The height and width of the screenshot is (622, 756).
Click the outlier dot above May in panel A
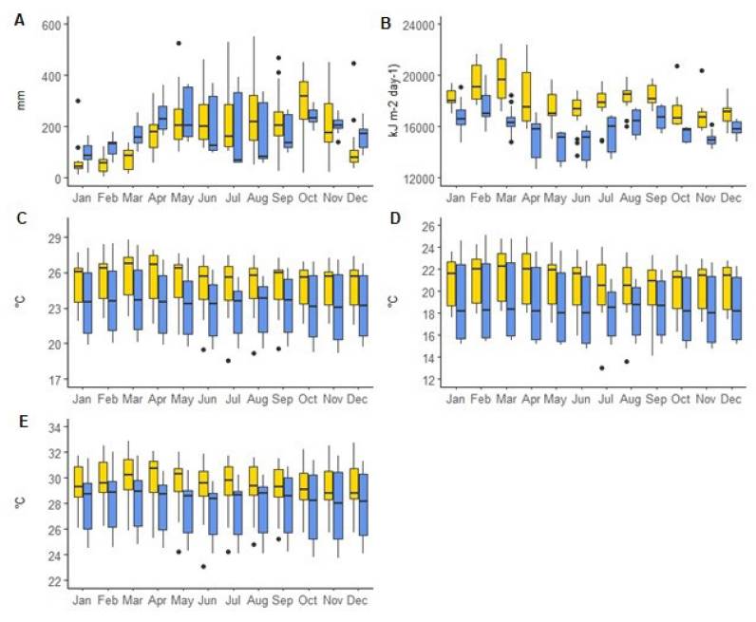[178, 44]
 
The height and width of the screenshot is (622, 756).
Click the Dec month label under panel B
[731, 197]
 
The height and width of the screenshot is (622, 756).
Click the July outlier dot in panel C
[228, 360]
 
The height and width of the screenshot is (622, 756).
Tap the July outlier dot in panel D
[601, 368]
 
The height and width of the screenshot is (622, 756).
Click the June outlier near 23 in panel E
[203, 567]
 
